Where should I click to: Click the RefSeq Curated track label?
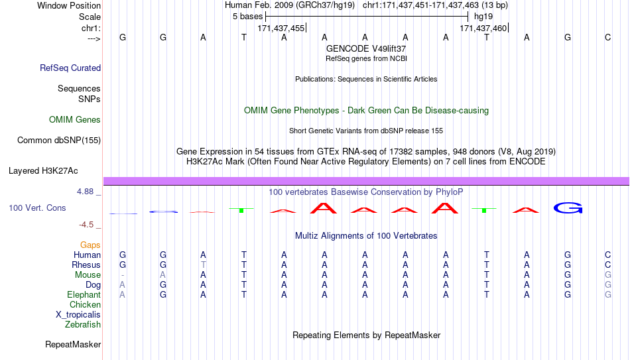pyautogui.click(x=70, y=68)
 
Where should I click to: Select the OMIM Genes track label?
pyautogui.click(x=75, y=120)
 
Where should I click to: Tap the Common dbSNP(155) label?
pyautogui.click(x=59, y=141)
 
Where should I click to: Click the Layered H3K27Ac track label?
pyautogui.click(x=43, y=171)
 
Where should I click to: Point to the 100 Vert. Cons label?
pyautogui.click(x=37, y=208)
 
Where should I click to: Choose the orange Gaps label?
pyautogui.click(x=90, y=245)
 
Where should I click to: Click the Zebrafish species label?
pyautogui.click(x=83, y=324)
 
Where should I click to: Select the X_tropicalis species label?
pyautogui.click(x=78, y=315)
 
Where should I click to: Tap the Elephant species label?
pyautogui.click(x=84, y=294)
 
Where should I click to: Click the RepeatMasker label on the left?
pyautogui.click(x=73, y=344)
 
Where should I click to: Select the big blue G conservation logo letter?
pyautogui.click(x=568, y=208)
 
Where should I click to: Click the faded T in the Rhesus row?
pyautogui.click(x=204, y=265)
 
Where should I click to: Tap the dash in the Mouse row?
pyautogui.click(x=123, y=275)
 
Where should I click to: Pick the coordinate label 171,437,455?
pyautogui.click(x=281, y=28)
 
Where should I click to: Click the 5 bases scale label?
pyautogui.click(x=247, y=17)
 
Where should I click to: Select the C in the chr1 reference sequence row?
pyautogui.click(x=608, y=37)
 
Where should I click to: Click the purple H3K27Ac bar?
pyautogui.click(x=367, y=181)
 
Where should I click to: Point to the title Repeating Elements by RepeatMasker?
pyautogui.click(x=367, y=335)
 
